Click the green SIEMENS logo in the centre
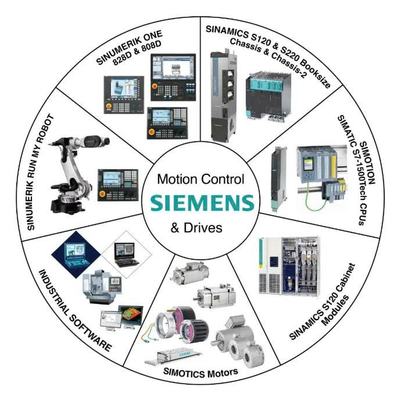point(202,203)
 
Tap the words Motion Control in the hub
point(201,179)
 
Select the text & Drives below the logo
point(196,228)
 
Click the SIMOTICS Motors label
point(201,373)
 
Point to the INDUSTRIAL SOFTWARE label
point(74,311)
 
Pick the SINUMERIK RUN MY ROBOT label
point(40,173)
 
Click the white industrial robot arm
point(77,174)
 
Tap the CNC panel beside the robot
point(118,185)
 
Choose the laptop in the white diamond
point(126,255)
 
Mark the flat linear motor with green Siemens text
point(173,356)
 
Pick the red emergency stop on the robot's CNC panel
point(102,194)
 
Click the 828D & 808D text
point(137,53)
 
